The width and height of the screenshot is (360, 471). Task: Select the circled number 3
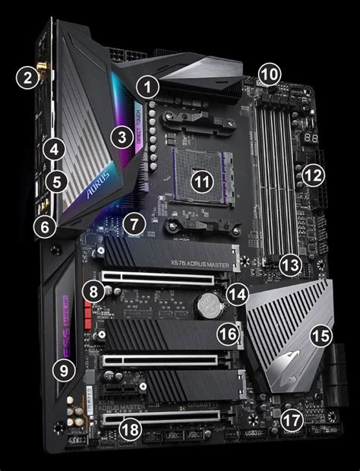(121, 138)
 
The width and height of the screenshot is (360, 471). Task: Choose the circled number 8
(93, 290)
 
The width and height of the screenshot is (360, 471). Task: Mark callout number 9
(63, 370)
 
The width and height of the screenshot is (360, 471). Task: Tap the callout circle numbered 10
(269, 74)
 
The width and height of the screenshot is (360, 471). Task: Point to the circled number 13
(289, 265)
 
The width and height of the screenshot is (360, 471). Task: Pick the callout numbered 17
(291, 419)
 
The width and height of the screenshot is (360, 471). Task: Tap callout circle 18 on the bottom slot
(131, 429)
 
